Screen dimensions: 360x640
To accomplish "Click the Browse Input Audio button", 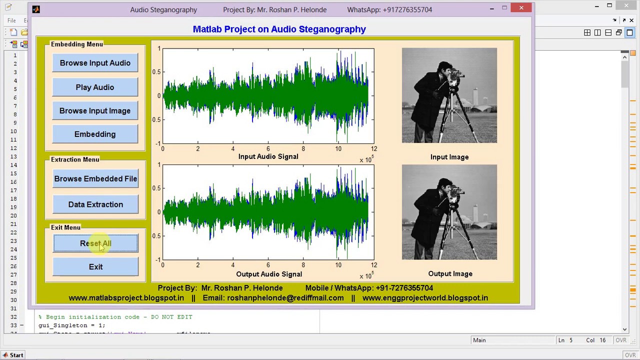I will [95, 63].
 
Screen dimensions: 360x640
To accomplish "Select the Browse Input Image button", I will [95, 111].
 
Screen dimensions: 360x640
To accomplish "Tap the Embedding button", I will [95, 134].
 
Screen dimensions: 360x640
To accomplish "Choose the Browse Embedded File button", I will [95, 179].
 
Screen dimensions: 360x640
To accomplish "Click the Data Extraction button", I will [95, 204].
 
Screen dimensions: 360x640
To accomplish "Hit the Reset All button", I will [95, 243].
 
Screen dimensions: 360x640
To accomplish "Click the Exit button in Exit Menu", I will [95, 267].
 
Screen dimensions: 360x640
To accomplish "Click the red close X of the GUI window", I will [521, 8].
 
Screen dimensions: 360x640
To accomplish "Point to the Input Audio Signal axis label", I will [268, 156].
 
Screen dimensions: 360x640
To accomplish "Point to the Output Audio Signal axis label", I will [269, 274].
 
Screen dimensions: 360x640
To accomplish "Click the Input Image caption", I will [449, 157].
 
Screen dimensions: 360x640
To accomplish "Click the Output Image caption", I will [450, 274].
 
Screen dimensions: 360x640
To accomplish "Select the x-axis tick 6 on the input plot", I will [268, 148].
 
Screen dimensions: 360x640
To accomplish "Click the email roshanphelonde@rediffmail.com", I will [285, 298].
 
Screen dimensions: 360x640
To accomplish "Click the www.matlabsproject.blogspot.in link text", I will [126, 298].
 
